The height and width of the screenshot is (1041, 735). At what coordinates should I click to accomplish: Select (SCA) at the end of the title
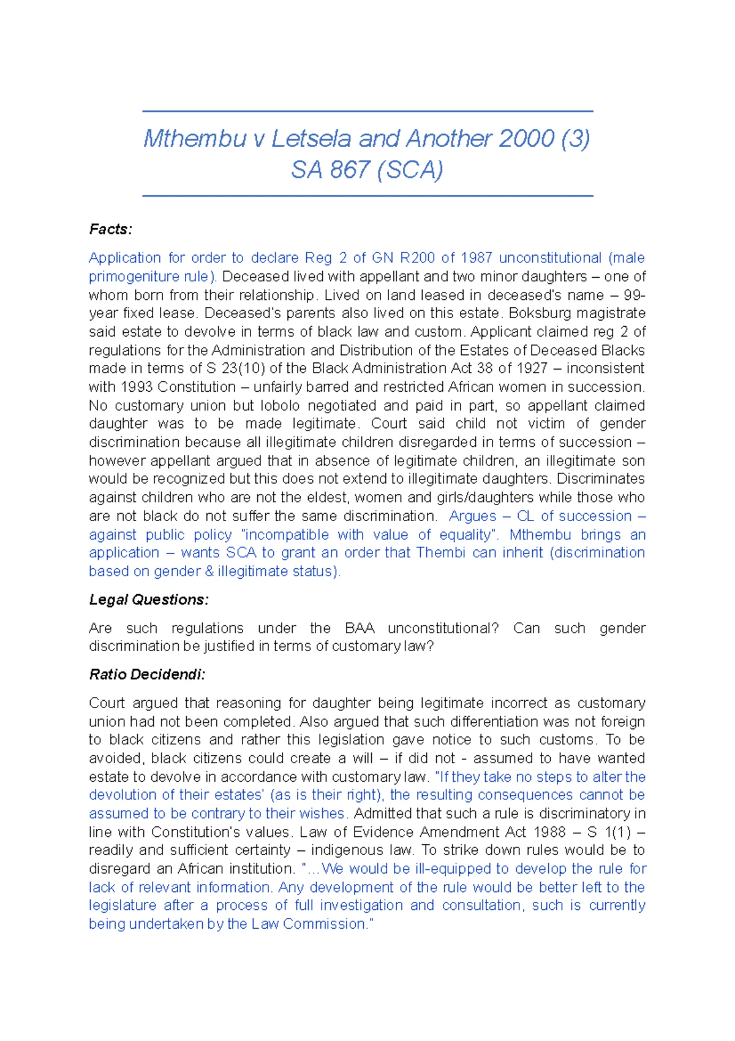coord(410,170)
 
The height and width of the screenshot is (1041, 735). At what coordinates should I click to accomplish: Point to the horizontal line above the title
coord(367,112)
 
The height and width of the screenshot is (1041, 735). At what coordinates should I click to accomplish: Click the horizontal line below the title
coord(367,196)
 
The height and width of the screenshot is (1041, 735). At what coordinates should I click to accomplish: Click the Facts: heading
coord(110,229)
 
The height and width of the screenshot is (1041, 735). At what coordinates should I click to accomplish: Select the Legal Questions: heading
coord(149,600)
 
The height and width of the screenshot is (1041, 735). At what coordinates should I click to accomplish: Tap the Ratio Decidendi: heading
coord(147,674)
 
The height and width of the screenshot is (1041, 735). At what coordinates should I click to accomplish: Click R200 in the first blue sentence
coord(417,257)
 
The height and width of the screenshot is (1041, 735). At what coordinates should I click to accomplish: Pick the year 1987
coord(476,257)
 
